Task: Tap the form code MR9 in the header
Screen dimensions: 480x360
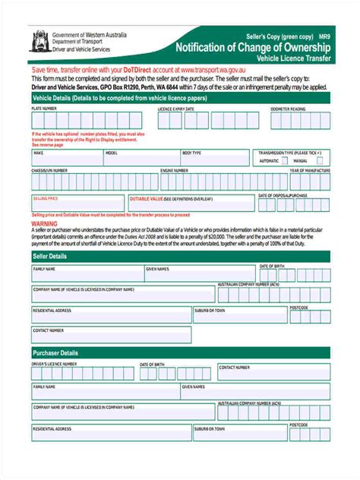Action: (x=324, y=36)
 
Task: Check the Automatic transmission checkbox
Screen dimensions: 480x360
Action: (x=287, y=161)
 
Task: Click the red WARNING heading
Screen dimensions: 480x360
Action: (x=44, y=224)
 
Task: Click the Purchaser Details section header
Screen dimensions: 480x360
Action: (x=55, y=353)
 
